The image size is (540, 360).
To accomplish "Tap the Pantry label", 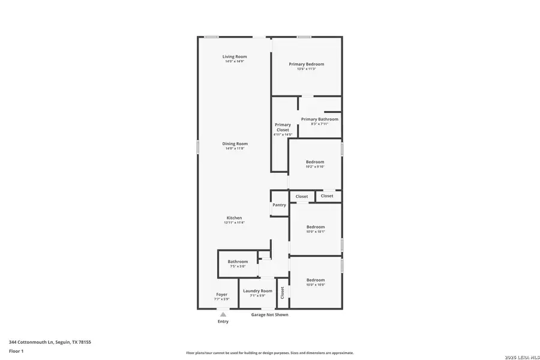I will coord(279,205).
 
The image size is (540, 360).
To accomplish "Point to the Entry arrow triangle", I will coord(223,314).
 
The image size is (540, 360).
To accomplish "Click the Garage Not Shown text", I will coord(269,314).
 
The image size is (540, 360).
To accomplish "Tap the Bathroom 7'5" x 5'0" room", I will coord(238,263).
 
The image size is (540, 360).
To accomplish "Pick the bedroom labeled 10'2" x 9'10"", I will coord(315,164).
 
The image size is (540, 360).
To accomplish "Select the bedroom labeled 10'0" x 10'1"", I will coord(315,229).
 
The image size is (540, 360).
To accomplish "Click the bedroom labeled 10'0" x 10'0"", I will coord(316,282).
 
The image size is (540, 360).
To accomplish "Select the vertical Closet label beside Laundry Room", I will coord(282,292).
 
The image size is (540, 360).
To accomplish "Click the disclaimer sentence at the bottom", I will coord(269,353).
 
